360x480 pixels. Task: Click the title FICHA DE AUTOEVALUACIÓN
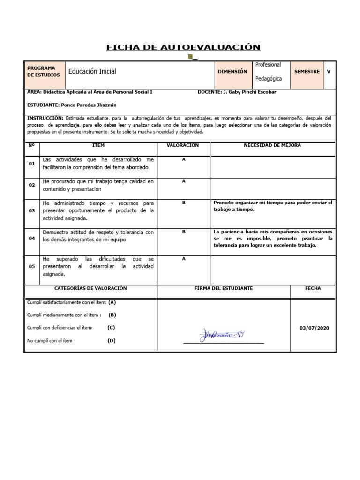(x=183, y=47)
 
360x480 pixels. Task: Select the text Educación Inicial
(x=92, y=72)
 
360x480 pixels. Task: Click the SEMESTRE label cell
(x=307, y=72)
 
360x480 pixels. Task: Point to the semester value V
(x=329, y=72)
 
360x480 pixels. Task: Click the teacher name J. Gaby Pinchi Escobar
(x=249, y=92)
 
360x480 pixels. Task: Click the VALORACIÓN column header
(x=183, y=146)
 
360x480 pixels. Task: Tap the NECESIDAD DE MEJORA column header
(x=272, y=146)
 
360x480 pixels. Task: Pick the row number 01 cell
(x=32, y=164)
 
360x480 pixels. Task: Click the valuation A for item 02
(x=184, y=181)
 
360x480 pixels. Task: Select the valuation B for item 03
(x=184, y=202)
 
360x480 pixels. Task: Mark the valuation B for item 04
(x=184, y=232)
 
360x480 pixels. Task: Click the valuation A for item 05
(x=184, y=258)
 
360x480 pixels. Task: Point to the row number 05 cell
(x=32, y=266)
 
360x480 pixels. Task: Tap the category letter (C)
(x=111, y=328)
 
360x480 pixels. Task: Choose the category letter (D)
(x=111, y=341)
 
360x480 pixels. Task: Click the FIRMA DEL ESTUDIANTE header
(x=223, y=288)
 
